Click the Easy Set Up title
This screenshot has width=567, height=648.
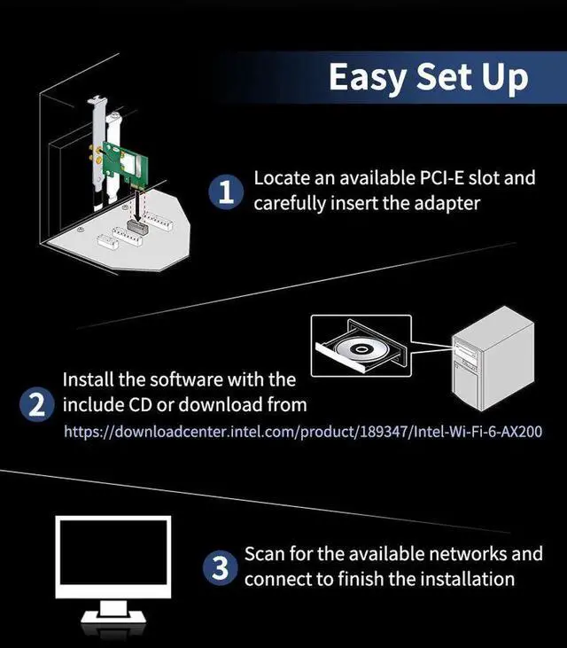[x=428, y=77]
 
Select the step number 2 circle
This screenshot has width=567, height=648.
[x=35, y=406]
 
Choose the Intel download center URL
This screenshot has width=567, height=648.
[x=302, y=433]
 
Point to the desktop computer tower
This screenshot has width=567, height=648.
[x=491, y=364]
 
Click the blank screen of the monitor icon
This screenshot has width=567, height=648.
[x=113, y=558]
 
